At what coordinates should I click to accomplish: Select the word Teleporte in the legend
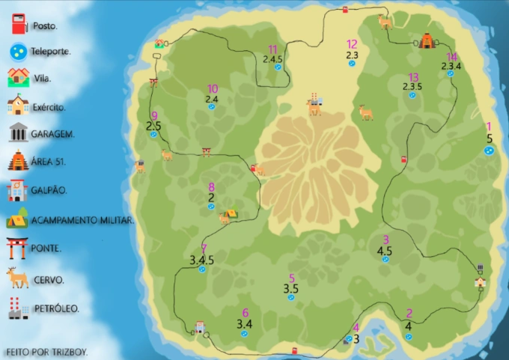(x=51, y=52)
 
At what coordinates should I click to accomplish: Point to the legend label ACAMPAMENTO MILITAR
(x=82, y=219)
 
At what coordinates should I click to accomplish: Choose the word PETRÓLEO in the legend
(x=56, y=308)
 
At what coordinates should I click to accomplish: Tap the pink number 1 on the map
(x=489, y=127)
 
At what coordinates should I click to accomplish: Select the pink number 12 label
(x=352, y=44)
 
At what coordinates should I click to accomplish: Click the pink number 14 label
(x=451, y=57)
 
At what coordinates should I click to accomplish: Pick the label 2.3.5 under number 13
(x=412, y=87)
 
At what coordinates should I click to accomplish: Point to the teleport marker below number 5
(x=290, y=297)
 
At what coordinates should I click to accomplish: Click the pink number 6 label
(x=245, y=313)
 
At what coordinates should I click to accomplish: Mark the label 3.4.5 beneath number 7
(x=202, y=260)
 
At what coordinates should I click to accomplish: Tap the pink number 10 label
(x=213, y=88)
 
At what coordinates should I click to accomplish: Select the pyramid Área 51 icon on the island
(x=427, y=40)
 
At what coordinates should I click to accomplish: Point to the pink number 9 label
(x=154, y=115)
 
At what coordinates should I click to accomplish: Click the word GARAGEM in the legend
(x=52, y=135)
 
